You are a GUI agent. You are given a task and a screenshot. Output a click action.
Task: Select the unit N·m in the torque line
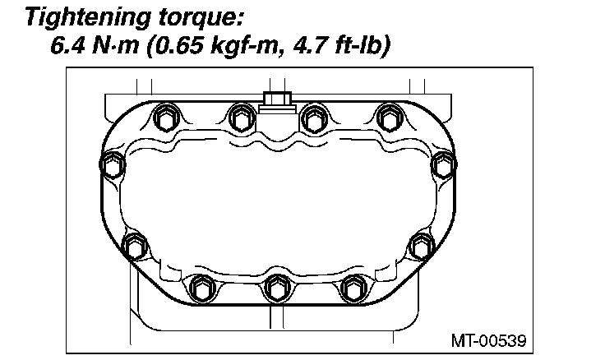tap(115, 45)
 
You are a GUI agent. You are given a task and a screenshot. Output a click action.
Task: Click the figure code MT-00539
tap(488, 341)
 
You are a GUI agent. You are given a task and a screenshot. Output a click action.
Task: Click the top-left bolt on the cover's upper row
tap(166, 118)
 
